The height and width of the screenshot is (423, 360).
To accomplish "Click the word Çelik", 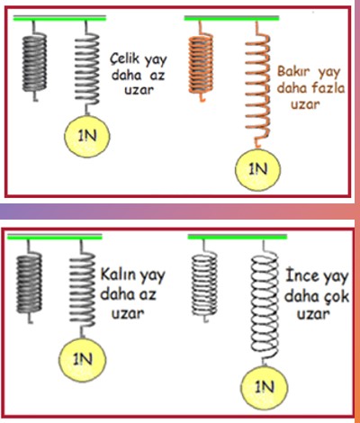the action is point(125,58).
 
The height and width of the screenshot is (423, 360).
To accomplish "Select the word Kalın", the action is point(117,274).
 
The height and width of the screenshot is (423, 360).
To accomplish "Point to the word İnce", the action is point(302,275).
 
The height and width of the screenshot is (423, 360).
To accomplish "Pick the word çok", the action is point(336,297).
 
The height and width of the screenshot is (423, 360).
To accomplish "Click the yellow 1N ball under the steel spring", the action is point(87,136).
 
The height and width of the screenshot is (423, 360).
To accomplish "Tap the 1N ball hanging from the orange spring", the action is point(257,169).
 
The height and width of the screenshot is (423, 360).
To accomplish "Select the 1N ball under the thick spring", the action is point(83,359).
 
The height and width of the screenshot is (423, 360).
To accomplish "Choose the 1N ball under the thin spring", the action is point(265,387).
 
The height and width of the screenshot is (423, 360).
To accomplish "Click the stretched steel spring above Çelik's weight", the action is point(87,68).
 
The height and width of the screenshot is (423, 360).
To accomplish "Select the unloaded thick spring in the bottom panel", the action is point(30,282).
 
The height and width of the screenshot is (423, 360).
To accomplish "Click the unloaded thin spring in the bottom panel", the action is point(204,282).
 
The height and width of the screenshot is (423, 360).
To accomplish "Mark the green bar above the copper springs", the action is point(231,18).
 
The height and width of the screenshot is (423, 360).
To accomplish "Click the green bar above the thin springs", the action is point(238,237).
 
